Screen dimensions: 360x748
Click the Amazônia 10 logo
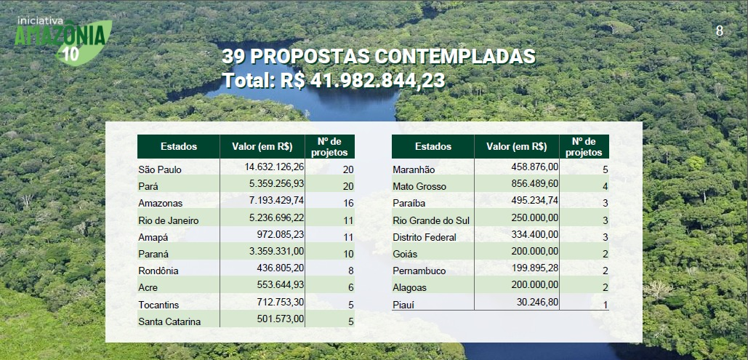[64, 41]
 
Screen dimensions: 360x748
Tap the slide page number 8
[720, 31]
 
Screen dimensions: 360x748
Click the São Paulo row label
[160, 170]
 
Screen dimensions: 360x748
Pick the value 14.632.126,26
[276, 167]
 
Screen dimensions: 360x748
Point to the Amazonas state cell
[161, 204]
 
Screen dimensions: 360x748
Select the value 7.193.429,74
[276, 201]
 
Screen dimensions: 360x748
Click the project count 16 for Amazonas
[347, 204]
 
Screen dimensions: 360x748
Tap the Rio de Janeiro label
[169, 220]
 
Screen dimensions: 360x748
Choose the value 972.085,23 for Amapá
[279, 234]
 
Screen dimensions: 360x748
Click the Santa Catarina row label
[169, 321]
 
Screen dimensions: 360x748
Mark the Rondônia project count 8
[350, 271]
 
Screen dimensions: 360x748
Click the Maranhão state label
[414, 170]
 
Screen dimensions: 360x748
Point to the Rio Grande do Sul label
[430, 220]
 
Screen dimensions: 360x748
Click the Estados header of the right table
[433, 147]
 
